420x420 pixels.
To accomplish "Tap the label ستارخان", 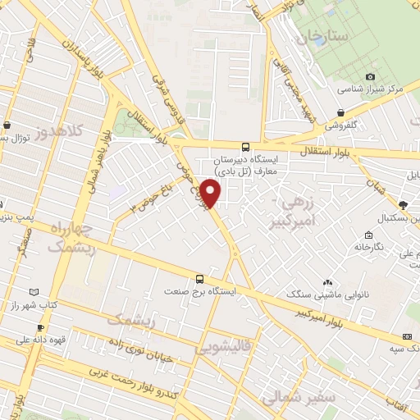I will pos(323,36).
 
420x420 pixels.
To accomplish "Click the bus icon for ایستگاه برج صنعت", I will pos(199,279).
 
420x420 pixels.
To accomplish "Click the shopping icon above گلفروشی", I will pos(340,112).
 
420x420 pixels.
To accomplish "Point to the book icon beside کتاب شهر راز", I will pos(34,292).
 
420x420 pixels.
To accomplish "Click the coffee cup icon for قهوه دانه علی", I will pos(7,337).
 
